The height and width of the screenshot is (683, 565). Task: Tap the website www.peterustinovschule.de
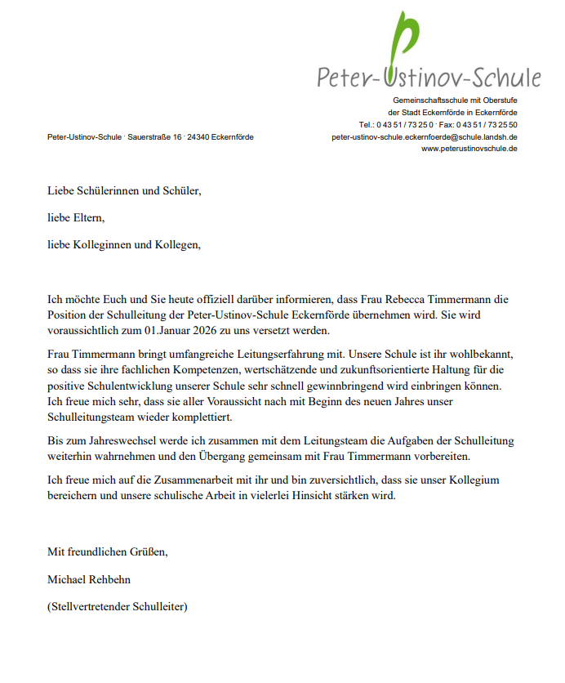469,149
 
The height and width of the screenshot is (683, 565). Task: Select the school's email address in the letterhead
424,136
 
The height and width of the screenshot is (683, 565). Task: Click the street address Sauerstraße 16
154,136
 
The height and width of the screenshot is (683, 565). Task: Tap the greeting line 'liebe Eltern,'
76,218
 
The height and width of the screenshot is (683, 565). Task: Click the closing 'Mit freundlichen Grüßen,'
108,551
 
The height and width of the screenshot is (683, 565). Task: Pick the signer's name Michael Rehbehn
89,579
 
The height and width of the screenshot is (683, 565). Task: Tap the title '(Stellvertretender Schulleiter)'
118,607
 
